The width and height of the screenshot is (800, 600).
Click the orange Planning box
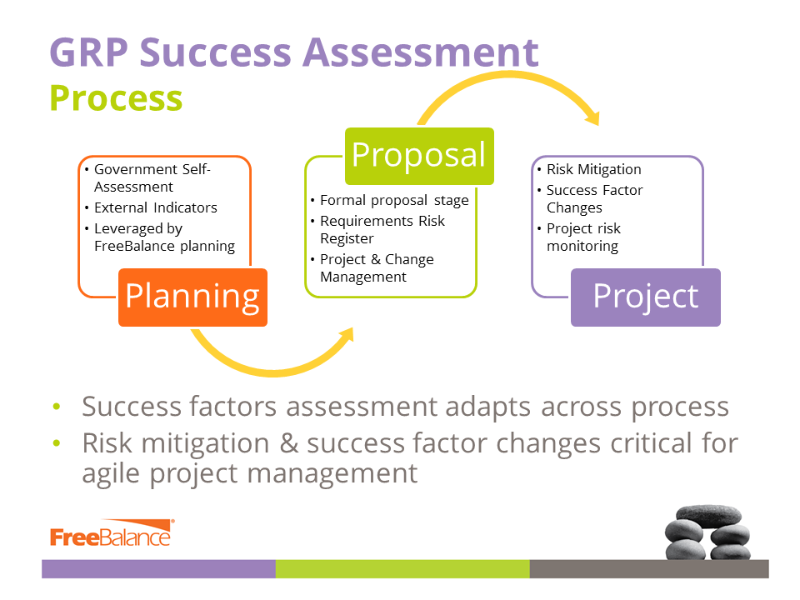pyautogui.click(x=192, y=297)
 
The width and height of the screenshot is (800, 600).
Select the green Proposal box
pyautogui.click(x=419, y=156)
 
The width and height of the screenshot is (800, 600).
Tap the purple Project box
pyautogui.click(x=645, y=297)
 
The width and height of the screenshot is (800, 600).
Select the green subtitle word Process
pyautogui.click(x=117, y=98)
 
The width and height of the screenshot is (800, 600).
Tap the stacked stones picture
pyautogui.click(x=707, y=532)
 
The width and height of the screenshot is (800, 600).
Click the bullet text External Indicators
pyautogui.click(x=156, y=207)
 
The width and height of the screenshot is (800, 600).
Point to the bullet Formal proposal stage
pyautogui.click(x=394, y=201)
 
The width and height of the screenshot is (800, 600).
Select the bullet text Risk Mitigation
pyautogui.click(x=594, y=169)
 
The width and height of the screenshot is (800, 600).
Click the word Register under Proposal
pyautogui.click(x=347, y=239)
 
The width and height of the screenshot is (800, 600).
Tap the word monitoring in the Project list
pyautogui.click(x=582, y=247)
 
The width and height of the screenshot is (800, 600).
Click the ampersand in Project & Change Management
pyautogui.click(x=376, y=259)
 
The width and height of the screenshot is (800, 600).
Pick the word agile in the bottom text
pyautogui.click(x=111, y=474)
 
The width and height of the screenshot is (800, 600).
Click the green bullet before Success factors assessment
pyautogui.click(x=57, y=407)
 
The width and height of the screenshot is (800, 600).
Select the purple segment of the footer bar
pyautogui.click(x=158, y=569)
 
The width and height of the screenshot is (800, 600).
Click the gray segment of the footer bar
pyautogui.click(x=649, y=569)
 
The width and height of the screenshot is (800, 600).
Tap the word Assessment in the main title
pyautogui.click(x=420, y=52)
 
